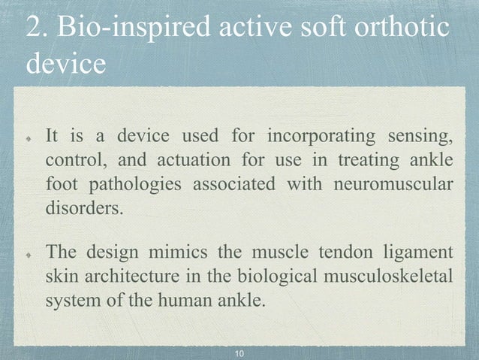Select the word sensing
(x=419, y=137)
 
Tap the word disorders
(x=83, y=208)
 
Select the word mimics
(x=177, y=251)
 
